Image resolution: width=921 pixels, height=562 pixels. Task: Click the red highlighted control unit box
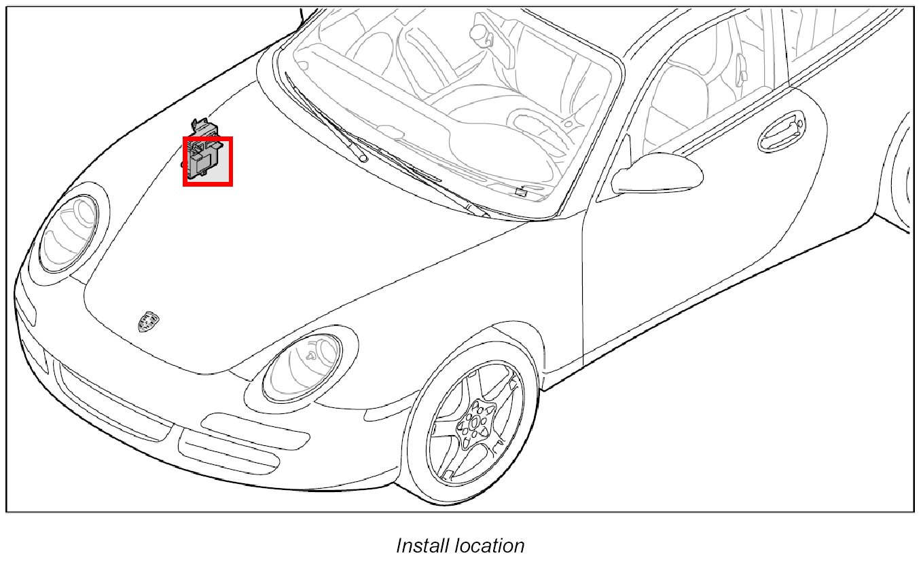pos(208,161)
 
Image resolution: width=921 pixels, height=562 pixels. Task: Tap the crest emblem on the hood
pos(147,320)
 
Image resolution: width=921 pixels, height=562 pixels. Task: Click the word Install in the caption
pos(421,546)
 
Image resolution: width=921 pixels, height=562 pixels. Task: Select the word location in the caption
pos(487,546)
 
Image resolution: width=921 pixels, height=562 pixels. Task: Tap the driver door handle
pos(781,132)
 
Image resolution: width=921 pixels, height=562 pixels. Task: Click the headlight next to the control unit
pos(69,231)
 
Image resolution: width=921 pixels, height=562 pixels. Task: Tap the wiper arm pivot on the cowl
pos(363,157)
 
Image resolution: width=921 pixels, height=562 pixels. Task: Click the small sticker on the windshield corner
pos(521,192)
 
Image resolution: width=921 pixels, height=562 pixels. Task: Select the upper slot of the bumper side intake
pos(255,430)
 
